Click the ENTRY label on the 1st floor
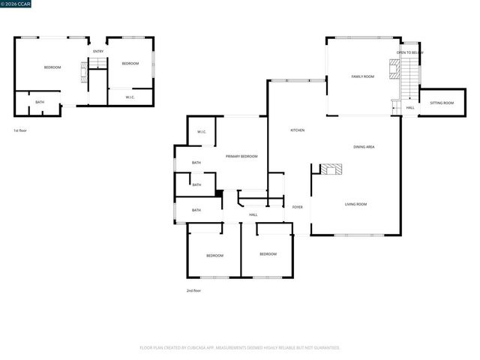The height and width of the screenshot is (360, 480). click(x=98, y=51)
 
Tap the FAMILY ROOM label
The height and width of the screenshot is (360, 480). click(x=363, y=76)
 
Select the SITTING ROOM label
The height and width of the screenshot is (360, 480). click(x=442, y=103)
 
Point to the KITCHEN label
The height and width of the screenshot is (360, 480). click(x=298, y=130)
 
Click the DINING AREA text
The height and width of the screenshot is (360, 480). click(x=364, y=147)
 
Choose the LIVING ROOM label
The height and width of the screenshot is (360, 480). click(x=355, y=204)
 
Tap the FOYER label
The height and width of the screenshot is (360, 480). click(x=298, y=207)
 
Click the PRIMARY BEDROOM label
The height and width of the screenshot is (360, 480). click(x=241, y=156)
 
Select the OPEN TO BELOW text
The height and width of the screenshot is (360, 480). click(x=410, y=52)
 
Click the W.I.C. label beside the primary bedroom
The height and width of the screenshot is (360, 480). click(x=202, y=132)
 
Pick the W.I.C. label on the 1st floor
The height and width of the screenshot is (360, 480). click(x=130, y=97)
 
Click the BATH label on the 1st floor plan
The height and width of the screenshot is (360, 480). click(x=40, y=102)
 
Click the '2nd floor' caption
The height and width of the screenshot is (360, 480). click(x=193, y=290)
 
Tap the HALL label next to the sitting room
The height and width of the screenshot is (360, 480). click(x=410, y=108)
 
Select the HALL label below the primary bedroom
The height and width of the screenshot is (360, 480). click(x=253, y=214)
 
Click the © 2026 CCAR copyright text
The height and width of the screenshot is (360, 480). click(x=16, y=4)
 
